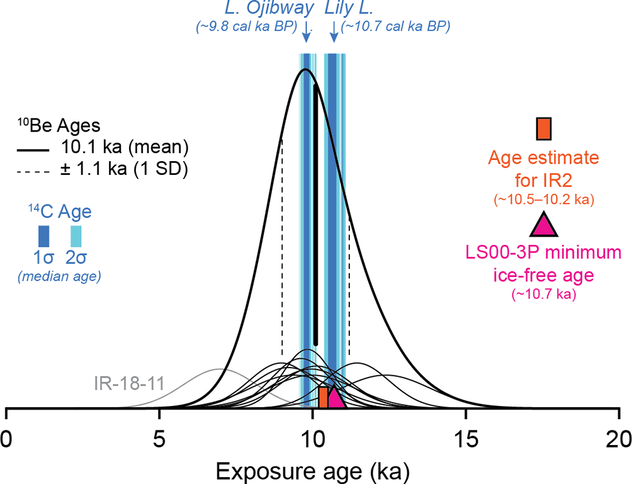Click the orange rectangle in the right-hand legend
click(543, 128)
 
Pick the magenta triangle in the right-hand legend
click(543, 225)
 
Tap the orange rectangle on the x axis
click(323, 398)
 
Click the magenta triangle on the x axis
click(335, 398)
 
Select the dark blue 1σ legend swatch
click(44, 237)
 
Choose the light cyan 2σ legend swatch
click(75, 237)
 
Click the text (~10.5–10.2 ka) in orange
click(544, 200)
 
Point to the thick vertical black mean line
click(315, 214)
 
